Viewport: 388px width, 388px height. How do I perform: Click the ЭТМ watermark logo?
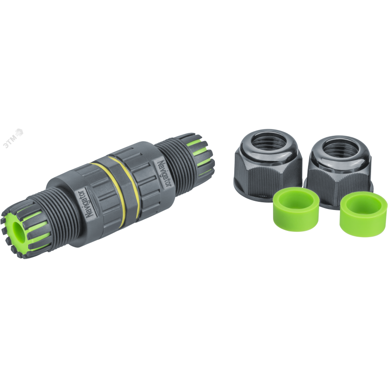pos(13,138)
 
